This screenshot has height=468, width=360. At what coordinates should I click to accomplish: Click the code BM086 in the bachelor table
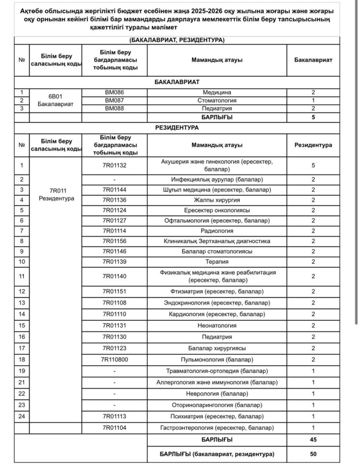pos(114,92)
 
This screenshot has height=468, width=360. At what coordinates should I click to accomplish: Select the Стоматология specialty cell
pos(217,101)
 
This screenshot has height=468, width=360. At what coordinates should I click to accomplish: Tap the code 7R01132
pos(114,165)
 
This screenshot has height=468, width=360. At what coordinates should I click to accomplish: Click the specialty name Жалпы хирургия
pos(217,200)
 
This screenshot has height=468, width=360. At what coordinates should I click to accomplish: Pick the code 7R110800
pos(114,360)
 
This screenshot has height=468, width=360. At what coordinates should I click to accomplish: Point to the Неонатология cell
pos(217,325)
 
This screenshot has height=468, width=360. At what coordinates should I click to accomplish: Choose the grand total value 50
pos(313,454)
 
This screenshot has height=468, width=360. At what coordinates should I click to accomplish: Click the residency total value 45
pos(313,440)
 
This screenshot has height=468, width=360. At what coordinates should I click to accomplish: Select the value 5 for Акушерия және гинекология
pos(313,165)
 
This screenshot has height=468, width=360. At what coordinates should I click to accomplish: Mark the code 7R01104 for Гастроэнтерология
pos(114,428)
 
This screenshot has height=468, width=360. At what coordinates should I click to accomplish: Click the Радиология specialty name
pos(217,231)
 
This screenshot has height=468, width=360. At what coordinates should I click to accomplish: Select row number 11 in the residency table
pos(21,276)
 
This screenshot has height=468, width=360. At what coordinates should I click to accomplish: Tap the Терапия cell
pos(217,262)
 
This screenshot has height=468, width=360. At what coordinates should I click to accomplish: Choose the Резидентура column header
pos(313,145)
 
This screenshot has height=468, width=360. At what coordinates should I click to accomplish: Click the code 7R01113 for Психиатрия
pos(114,416)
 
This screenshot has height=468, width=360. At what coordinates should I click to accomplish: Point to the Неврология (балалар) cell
pos(217,394)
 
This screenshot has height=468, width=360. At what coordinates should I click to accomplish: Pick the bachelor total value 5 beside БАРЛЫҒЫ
pos(313,117)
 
